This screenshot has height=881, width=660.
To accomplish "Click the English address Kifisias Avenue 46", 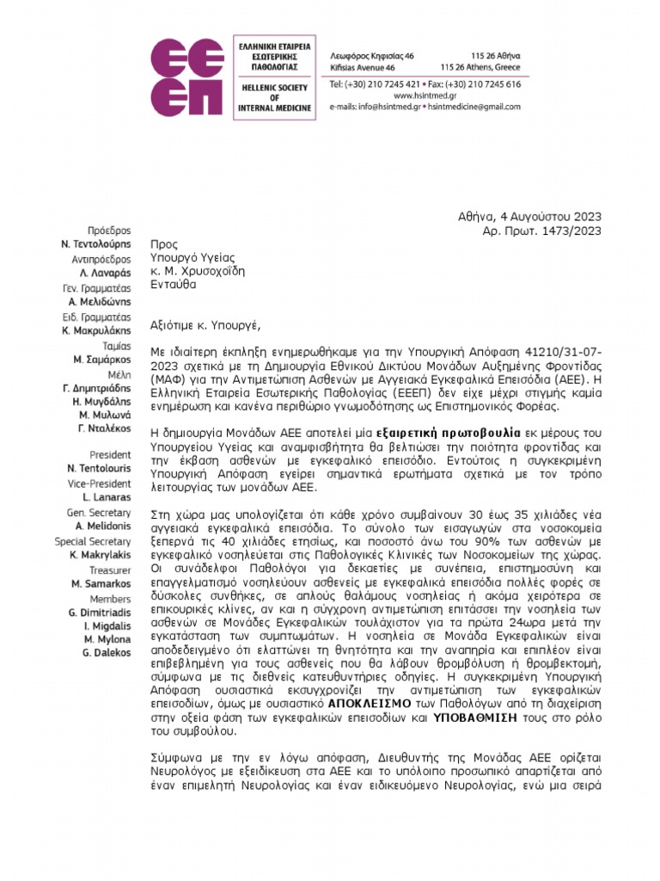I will [x=363, y=66].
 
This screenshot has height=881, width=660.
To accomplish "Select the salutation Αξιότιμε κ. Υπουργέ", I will [x=204, y=325].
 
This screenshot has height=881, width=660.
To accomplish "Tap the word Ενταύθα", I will [x=173, y=283].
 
